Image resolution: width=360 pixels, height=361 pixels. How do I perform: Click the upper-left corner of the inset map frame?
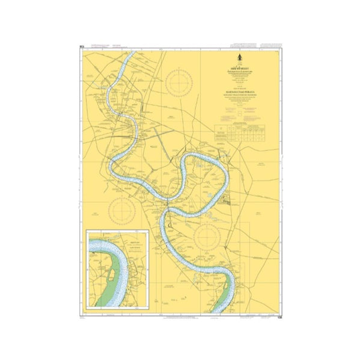click(87, 230)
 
